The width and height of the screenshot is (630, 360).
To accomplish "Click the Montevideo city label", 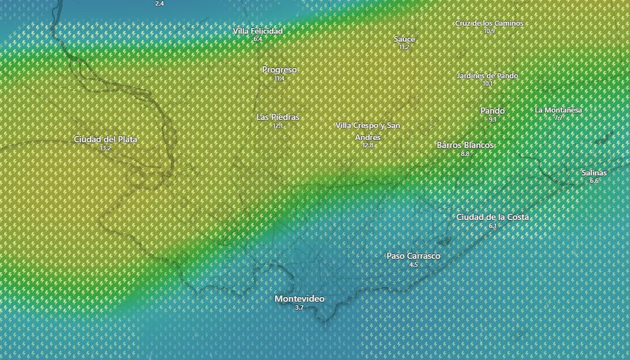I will (x=299, y=299).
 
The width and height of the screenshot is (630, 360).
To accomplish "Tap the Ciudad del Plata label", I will (x=105, y=139).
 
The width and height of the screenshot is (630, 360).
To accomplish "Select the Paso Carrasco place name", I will (x=413, y=256).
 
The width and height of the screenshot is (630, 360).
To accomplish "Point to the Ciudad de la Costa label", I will (x=492, y=217).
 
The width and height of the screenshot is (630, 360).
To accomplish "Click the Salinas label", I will (x=594, y=172).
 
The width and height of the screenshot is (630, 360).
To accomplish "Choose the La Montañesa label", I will (x=558, y=109).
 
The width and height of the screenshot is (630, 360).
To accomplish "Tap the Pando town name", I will (x=492, y=111).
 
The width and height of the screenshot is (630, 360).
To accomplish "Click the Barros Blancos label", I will (x=465, y=145).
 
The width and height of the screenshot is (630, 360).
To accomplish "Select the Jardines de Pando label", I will (x=488, y=76).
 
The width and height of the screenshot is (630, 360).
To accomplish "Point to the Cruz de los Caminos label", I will (x=489, y=23).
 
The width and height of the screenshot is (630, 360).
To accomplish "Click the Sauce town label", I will (x=404, y=39).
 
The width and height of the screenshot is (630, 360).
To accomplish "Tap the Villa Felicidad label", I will (x=258, y=31).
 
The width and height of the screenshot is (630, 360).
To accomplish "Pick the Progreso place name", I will (x=280, y=70).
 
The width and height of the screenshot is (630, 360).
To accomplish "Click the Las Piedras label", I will (x=278, y=117).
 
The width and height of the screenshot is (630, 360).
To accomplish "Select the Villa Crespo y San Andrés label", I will (x=368, y=131).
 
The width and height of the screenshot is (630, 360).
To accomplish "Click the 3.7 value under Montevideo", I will (x=299, y=307).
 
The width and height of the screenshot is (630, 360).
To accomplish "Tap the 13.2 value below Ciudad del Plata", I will (x=105, y=148).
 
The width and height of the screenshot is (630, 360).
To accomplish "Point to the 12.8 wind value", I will (x=368, y=145).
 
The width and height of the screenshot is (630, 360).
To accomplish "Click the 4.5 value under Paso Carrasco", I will (x=413, y=265).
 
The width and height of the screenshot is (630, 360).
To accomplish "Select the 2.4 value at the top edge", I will (x=159, y=3).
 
